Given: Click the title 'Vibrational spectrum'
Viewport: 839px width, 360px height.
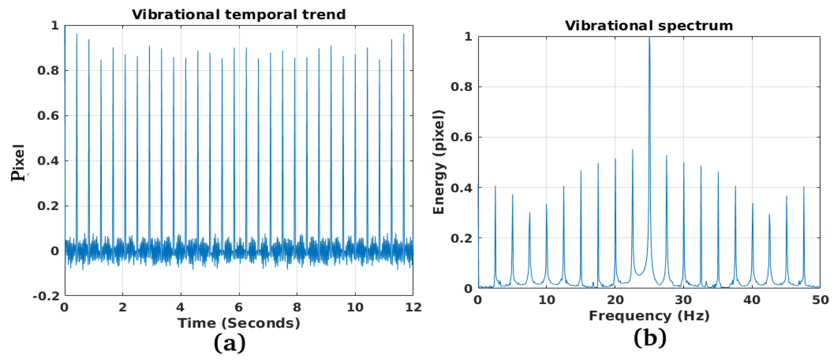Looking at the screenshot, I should [x=649, y=26].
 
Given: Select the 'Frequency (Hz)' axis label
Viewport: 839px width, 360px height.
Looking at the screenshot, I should [x=649, y=316].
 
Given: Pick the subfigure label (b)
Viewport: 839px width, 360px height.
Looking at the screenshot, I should [x=650, y=338].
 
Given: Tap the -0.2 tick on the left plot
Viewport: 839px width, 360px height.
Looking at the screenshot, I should [x=46, y=296].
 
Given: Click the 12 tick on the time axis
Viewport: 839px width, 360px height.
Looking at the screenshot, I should [x=413, y=307].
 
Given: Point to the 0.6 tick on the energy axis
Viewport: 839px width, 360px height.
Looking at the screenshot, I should [x=461, y=137].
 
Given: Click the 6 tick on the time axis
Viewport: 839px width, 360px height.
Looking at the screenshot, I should [x=239, y=307].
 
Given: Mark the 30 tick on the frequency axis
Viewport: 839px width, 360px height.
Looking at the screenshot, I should [x=683, y=300].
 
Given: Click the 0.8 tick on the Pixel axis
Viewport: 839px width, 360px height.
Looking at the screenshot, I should [x=48, y=70].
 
